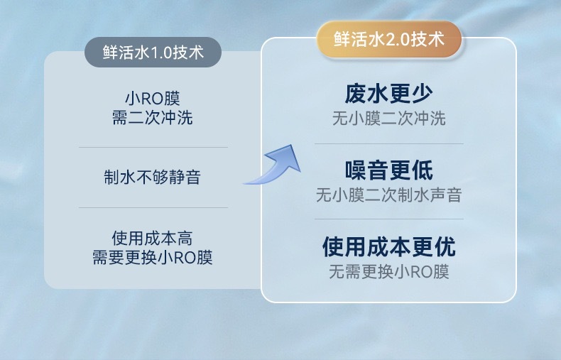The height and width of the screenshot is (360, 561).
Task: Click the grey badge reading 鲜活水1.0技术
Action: click(x=153, y=53)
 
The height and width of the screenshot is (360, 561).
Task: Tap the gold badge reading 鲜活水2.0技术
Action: click(x=389, y=39)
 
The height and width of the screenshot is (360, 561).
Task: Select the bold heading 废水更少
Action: click(x=389, y=94)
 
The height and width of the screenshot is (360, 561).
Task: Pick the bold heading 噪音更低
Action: click(x=389, y=170)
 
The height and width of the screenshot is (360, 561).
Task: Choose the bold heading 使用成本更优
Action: click(x=389, y=246)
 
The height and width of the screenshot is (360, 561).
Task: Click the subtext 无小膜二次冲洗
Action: click(x=389, y=119)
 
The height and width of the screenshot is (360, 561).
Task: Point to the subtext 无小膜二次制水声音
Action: click(x=389, y=195)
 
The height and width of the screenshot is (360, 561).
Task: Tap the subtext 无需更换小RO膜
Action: click(x=389, y=272)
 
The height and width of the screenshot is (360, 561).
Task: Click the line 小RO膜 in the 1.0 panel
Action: click(x=153, y=99)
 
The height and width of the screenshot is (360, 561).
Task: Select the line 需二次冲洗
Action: click(x=153, y=117)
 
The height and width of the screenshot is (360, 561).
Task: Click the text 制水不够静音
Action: click(x=153, y=177)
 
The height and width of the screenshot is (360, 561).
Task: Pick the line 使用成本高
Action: click(x=153, y=238)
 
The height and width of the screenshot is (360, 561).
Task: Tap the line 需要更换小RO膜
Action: click(x=153, y=257)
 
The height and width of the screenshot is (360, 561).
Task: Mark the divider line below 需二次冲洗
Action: click(x=153, y=147)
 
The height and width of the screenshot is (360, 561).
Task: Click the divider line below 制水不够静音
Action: click(x=153, y=207)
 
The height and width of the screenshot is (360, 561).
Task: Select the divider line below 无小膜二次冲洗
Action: click(x=389, y=144)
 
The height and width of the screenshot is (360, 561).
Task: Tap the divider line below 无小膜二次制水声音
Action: click(x=389, y=219)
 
